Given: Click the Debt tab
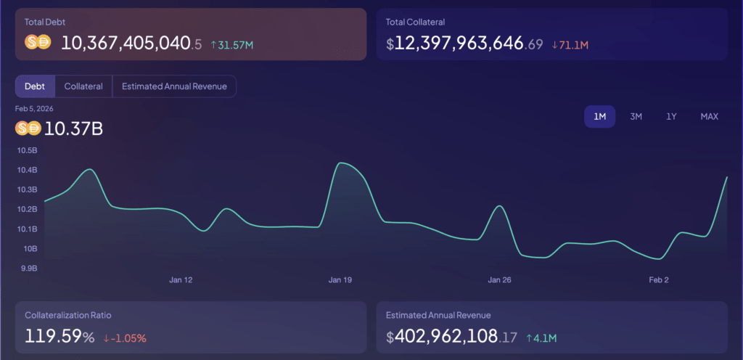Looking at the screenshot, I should tap(35, 86).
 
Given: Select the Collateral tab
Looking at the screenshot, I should tap(83, 86).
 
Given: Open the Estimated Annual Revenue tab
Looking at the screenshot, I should tap(174, 86).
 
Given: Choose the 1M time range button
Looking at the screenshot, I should tap(599, 116).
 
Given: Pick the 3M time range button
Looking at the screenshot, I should tap(636, 116).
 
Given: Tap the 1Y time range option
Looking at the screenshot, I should tap(672, 116).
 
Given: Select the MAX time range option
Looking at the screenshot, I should tap(709, 116).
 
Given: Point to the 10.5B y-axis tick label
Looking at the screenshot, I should tap(27, 150).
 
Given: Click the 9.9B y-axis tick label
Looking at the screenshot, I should tap(28, 268).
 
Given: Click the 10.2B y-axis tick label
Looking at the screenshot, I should tap(27, 209).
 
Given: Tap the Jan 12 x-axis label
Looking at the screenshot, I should tap(181, 279).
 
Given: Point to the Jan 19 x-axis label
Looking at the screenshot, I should tap(340, 279).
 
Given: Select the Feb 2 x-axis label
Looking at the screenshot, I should tap(658, 279).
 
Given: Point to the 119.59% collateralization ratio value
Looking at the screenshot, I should tap(60, 337).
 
